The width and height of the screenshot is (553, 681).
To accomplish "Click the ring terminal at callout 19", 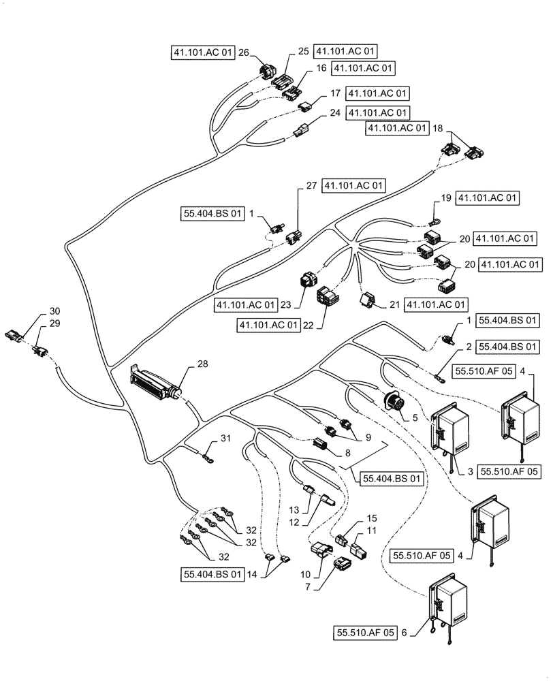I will (x=432, y=220).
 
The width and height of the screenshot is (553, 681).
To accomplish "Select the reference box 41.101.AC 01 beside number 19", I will (x=488, y=198).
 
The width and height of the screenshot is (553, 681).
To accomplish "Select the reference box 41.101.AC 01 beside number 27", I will (x=354, y=185).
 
